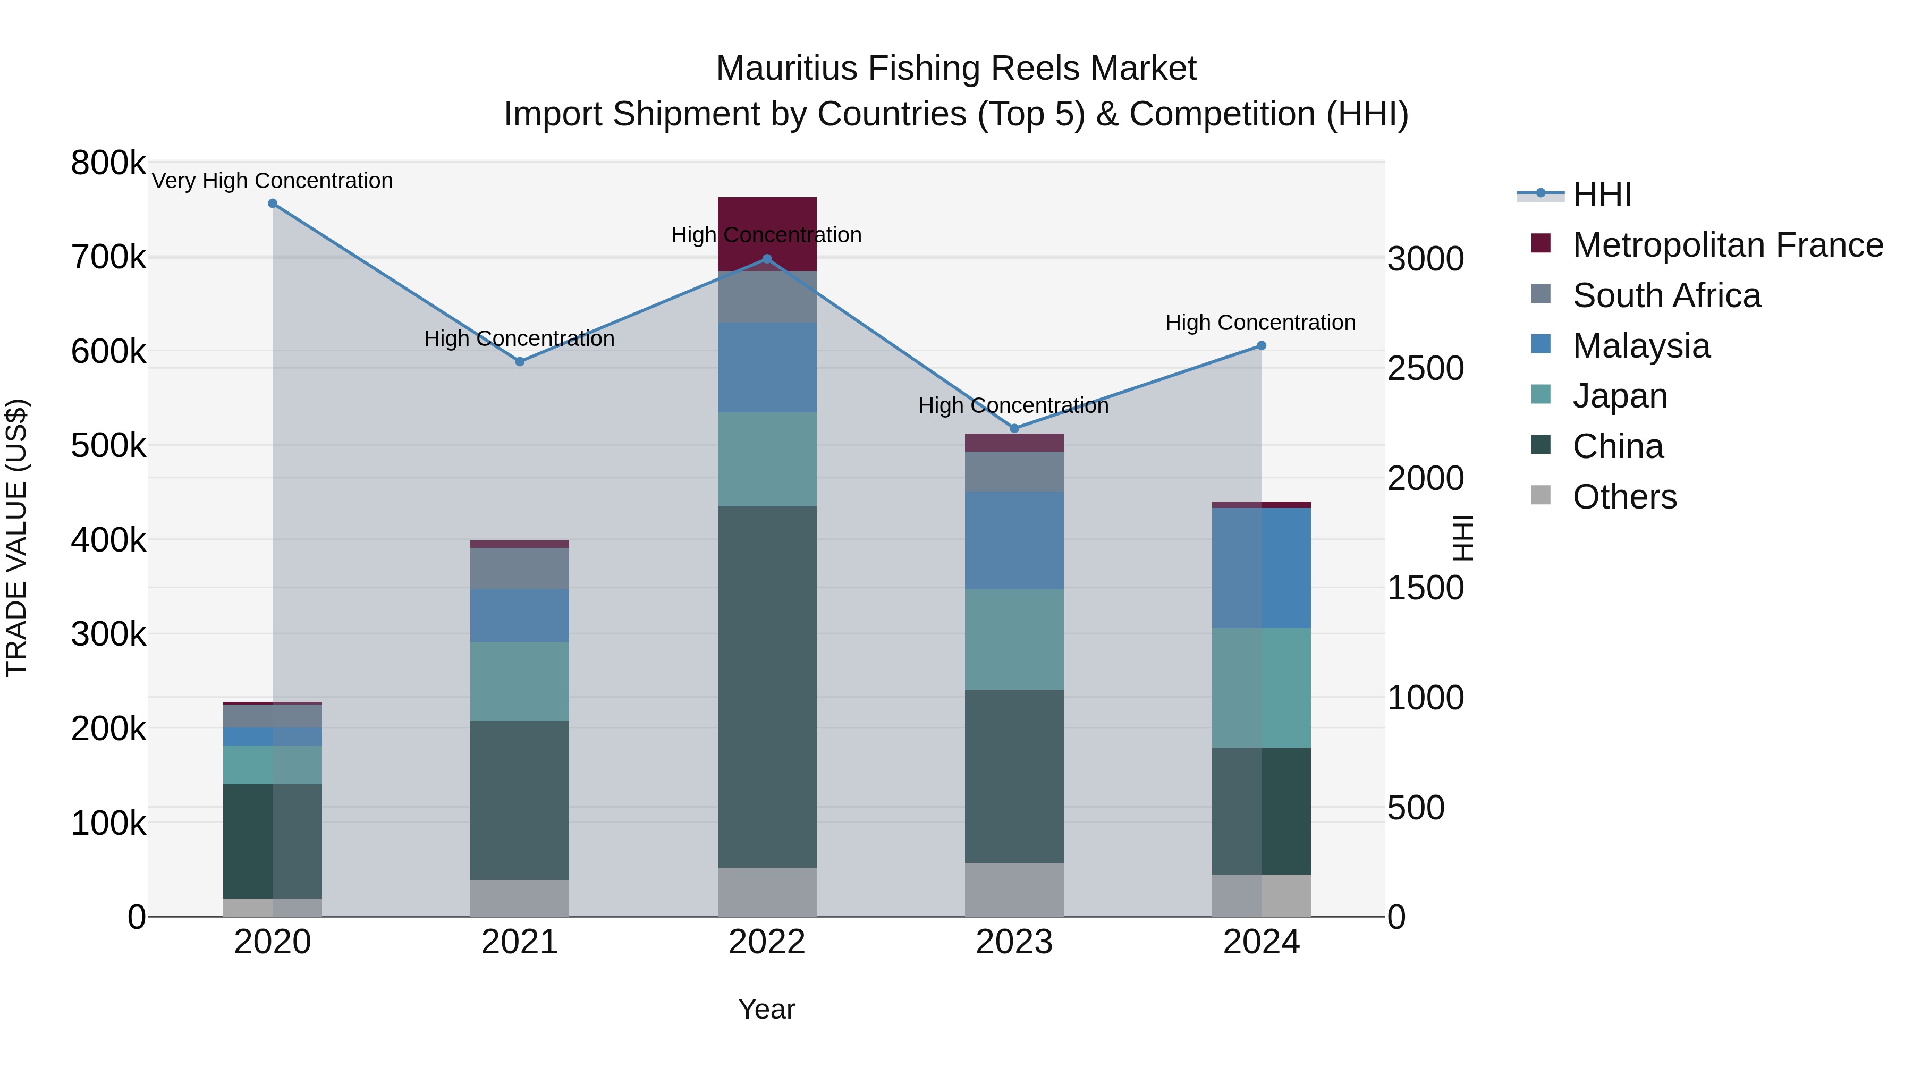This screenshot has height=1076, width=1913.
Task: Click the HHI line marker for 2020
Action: coord(273,204)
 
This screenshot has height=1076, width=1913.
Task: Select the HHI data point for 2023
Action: coord(1014,428)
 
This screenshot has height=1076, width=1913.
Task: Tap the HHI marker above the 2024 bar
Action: coord(1261,346)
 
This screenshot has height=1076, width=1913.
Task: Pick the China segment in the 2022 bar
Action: coord(767,687)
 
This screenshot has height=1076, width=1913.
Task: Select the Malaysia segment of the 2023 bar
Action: coord(1014,540)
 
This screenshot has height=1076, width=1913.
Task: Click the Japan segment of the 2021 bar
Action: coord(520,682)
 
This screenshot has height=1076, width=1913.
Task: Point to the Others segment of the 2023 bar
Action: coord(1014,889)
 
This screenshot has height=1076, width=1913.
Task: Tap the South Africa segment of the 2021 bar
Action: coord(520,569)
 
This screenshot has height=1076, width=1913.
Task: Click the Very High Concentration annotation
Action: coord(273,181)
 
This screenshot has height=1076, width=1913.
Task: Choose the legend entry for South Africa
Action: coord(1666,295)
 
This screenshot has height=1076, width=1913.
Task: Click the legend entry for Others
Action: coord(1625,497)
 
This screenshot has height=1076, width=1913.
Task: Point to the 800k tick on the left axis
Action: coord(108,163)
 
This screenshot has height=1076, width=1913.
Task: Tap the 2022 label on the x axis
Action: coord(767,942)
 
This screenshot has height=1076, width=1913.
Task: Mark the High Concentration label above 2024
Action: coord(1260,323)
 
